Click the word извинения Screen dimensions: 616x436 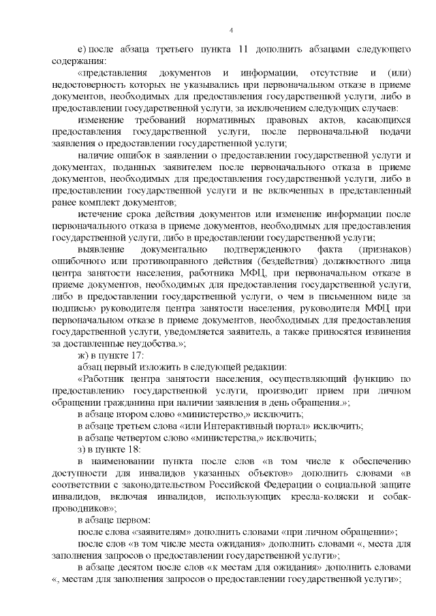click(384, 323)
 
